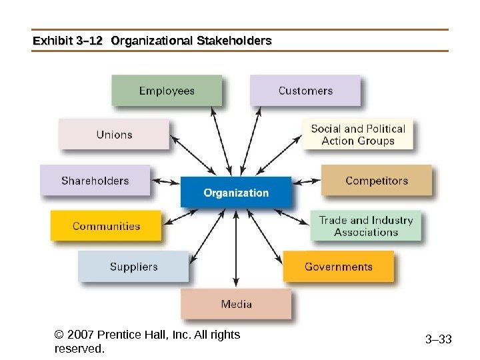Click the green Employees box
167,91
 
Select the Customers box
305,91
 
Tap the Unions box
114,135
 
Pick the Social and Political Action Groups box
358,135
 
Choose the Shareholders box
95,181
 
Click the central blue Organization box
236,193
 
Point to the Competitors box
377,181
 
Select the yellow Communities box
106,226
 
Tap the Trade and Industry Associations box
366,226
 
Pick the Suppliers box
133,267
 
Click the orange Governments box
339,267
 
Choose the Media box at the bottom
236,304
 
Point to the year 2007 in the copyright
81,335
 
